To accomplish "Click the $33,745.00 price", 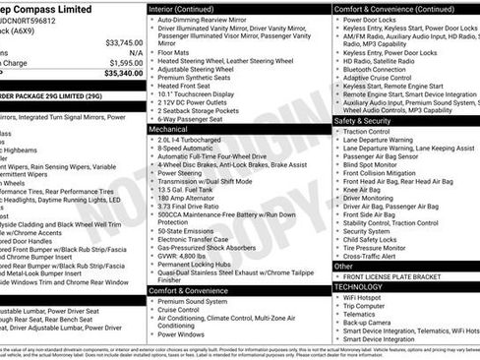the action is (121, 42).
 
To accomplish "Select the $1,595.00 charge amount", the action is (123, 61).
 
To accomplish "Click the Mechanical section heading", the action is (169, 129).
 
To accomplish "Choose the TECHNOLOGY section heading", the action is (361, 286).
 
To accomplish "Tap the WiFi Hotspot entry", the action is (364, 296).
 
